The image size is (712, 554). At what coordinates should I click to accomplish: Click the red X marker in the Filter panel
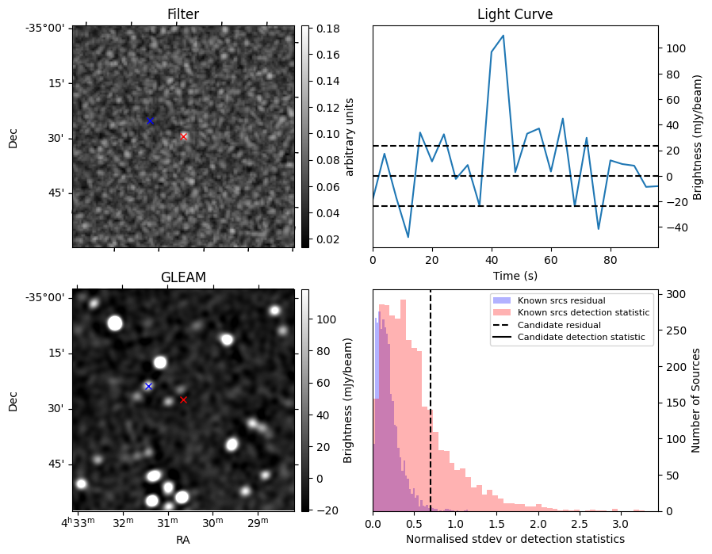click(x=183, y=136)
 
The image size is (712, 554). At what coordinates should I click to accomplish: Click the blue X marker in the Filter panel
click(x=150, y=120)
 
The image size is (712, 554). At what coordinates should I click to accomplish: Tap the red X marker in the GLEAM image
click(x=183, y=399)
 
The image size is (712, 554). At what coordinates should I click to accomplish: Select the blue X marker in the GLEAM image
click(x=148, y=386)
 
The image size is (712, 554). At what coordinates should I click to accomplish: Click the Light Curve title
click(x=515, y=14)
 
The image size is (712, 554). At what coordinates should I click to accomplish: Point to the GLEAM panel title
click(x=183, y=277)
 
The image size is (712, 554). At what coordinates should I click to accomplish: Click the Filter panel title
click(x=183, y=14)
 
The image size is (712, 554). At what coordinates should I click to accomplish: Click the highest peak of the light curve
click(x=503, y=36)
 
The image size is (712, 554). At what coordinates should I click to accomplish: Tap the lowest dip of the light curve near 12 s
click(x=408, y=237)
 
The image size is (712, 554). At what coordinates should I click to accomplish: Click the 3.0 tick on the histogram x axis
click(x=621, y=523)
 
